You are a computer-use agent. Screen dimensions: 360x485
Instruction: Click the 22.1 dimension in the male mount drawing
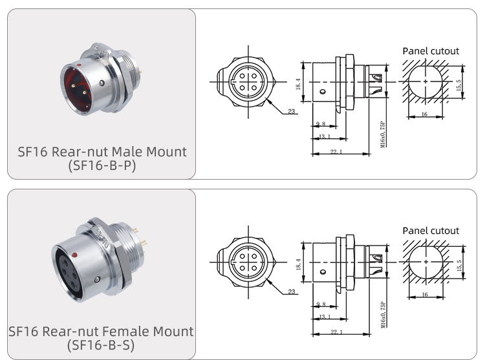pyautogui.click(x=336, y=152)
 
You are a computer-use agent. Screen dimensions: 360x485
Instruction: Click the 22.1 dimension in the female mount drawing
pyautogui.click(x=336, y=332)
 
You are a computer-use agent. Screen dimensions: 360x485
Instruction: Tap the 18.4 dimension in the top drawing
pyautogui.click(x=299, y=84)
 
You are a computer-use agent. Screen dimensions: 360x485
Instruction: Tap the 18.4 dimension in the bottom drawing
pyautogui.click(x=299, y=264)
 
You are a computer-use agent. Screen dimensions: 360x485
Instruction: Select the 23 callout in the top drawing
pyautogui.click(x=292, y=112)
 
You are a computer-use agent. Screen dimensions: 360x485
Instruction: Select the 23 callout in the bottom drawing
pyautogui.click(x=292, y=292)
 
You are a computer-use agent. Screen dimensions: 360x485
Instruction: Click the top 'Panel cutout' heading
pyautogui.click(x=430, y=51)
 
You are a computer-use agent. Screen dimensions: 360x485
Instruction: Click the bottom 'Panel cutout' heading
pyautogui.click(x=430, y=231)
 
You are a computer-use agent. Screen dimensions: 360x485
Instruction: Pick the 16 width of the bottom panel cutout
pyautogui.click(x=424, y=293)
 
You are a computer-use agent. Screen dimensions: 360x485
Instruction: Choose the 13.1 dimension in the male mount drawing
pyautogui.click(x=325, y=136)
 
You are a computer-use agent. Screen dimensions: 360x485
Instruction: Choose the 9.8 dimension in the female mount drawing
pyautogui.click(x=321, y=303)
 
